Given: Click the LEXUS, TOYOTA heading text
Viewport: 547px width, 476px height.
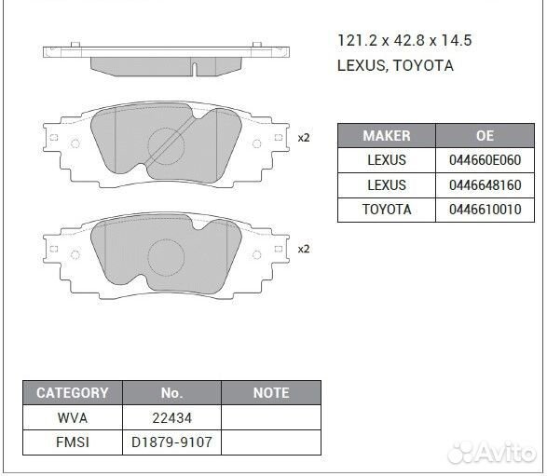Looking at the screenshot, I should coord(395,65).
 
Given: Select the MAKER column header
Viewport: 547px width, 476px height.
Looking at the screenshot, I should coord(386,136).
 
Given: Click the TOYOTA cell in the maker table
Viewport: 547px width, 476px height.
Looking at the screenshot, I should coord(386,210).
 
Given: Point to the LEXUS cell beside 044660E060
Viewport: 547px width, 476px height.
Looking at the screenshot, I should coord(386,160).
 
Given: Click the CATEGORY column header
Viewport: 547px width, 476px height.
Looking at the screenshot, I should coord(72,393).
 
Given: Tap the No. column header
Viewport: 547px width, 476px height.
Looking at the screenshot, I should coord(171,393).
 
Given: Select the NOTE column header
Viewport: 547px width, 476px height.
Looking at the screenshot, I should coord(271,393).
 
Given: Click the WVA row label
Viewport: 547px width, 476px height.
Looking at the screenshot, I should coord(72,417).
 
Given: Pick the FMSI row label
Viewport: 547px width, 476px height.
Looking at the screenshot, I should coord(72,442).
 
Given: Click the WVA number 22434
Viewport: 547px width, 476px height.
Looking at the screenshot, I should coord(171,417).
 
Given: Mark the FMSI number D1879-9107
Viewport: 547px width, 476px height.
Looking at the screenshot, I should coord(171,442).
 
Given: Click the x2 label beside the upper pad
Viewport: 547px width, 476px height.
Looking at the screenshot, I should coord(303,138).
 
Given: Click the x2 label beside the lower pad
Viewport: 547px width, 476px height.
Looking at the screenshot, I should coord(303,249).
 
